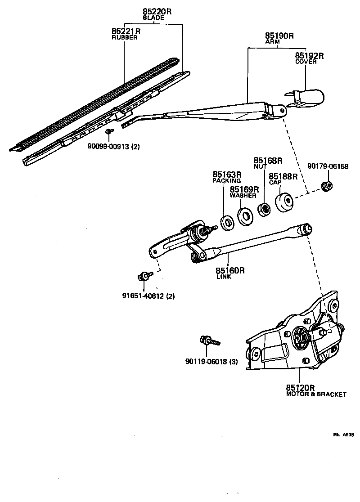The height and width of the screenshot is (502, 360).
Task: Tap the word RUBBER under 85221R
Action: point(124,38)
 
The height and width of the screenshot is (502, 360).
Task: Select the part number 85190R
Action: point(279,35)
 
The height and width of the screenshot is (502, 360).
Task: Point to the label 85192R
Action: point(310,56)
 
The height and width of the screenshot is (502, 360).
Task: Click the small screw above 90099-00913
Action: point(109,131)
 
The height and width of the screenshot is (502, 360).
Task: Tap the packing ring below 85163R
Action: point(227,223)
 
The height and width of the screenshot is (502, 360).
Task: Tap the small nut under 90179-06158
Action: point(328,185)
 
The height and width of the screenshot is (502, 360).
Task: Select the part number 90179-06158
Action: point(328,166)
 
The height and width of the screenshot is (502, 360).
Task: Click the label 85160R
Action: point(230,270)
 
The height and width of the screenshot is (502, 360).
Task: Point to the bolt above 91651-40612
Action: point(144,275)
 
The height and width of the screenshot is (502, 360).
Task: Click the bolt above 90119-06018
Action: point(209,341)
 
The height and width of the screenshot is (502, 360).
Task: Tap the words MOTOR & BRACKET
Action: point(316,394)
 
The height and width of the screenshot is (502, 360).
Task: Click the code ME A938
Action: point(343,435)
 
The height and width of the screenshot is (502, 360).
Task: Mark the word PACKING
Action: point(227,180)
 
